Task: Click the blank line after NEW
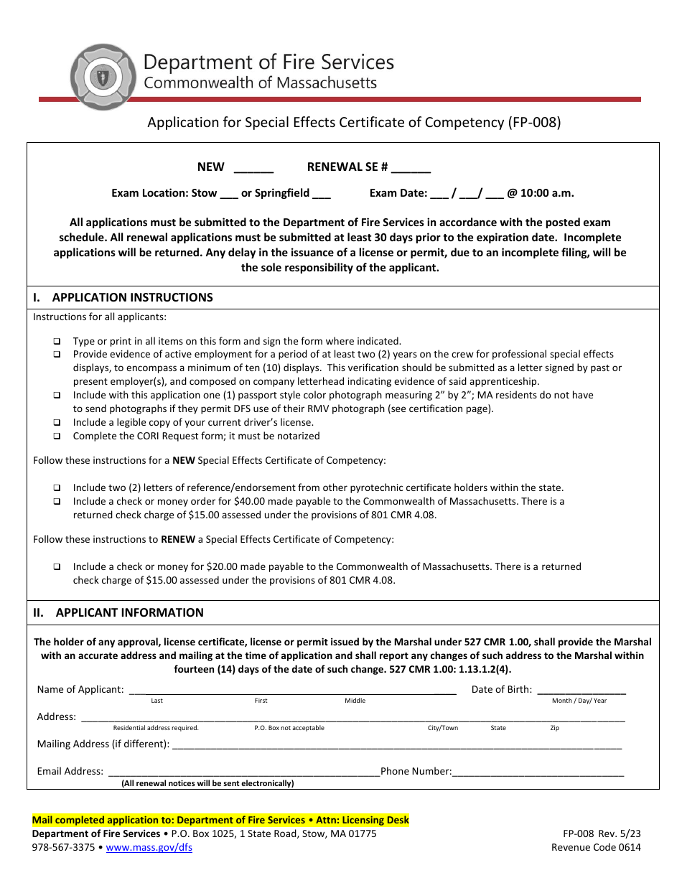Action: click(x=253, y=168)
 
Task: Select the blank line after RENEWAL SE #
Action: click(x=411, y=168)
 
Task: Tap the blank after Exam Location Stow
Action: click(x=228, y=194)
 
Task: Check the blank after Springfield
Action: click(x=322, y=194)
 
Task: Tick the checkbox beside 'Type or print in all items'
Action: click(x=57, y=342)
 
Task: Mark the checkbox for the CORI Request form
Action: click(x=57, y=436)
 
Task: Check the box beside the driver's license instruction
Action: click(x=57, y=423)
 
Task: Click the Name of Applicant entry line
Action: click(x=291, y=691)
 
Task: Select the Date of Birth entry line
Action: click(x=581, y=691)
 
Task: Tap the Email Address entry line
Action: click(x=243, y=772)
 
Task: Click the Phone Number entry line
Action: click(x=538, y=772)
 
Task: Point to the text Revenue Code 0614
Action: click(x=596, y=847)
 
